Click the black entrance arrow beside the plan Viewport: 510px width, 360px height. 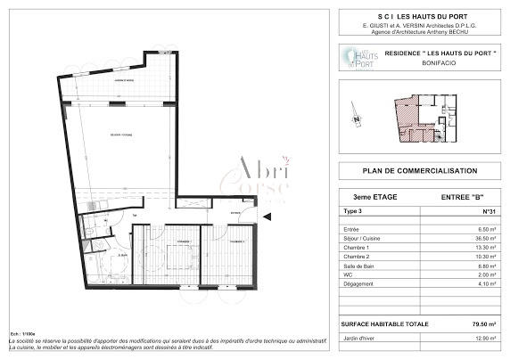pyautogui.click(x=267, y=214)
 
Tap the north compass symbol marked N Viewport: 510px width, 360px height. pyautogui.click(x=356, y=118)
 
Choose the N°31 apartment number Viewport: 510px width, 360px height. pyautogui.click(x=488, y=211)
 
